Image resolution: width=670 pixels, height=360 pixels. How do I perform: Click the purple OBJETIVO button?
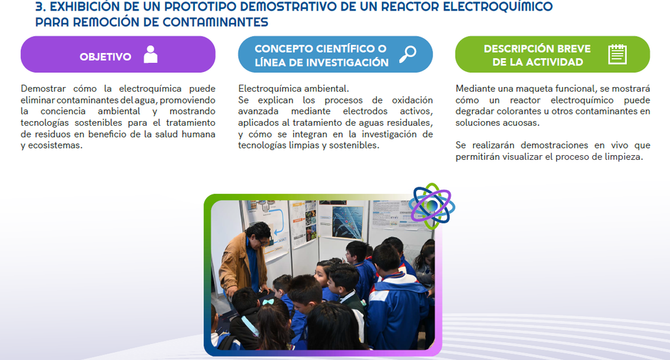[x=118, y=54]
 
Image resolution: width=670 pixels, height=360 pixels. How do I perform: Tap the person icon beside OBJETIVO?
[x=150, y=54]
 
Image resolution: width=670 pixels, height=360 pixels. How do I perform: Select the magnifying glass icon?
[x=408, y=54]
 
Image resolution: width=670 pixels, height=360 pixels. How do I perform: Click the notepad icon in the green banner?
[x=617, y=54]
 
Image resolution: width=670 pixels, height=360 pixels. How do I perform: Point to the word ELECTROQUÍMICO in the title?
[x=497, y=7]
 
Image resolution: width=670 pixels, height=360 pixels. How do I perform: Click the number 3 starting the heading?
[x=39, y=7]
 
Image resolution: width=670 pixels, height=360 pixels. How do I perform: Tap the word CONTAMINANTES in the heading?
[x=215, y=22]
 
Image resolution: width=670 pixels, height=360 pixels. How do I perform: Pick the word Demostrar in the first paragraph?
[x=43, y=88]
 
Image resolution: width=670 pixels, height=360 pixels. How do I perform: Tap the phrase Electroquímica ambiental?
[x=294, y=88]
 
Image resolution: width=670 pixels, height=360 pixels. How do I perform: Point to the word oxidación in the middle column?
[x=412, y=100]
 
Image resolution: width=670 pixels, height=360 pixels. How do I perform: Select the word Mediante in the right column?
[x=474, y=88]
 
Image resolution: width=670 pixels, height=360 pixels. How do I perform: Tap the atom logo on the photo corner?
[x=432, y=206]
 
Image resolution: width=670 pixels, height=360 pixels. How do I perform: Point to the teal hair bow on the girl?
[x=268, y=302]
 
